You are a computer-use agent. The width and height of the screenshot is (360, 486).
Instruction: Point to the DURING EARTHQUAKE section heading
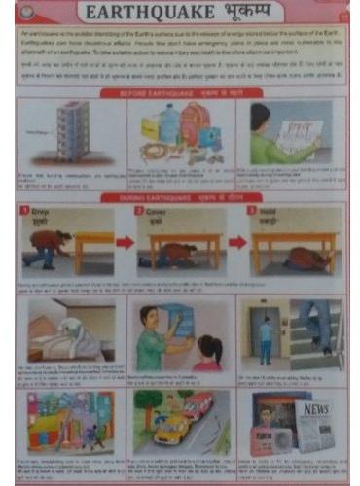[180, 197]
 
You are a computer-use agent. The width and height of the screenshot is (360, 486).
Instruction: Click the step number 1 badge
[27, 210]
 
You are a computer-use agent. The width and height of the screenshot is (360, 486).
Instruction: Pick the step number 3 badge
[252, 210]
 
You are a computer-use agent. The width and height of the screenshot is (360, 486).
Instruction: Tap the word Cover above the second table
[157, 210]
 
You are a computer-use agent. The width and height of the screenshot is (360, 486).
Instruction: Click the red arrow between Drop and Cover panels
[124, 242]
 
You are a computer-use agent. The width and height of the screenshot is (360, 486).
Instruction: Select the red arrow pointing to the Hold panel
[236, 242]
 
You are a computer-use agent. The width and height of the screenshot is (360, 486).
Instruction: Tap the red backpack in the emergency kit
[195, 125]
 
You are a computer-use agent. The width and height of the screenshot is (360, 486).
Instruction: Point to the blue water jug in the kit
[168, 122]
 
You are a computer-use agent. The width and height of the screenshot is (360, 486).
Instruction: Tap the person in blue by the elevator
[266, 339]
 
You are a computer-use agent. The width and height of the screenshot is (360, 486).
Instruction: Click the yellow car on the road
[172, 429]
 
